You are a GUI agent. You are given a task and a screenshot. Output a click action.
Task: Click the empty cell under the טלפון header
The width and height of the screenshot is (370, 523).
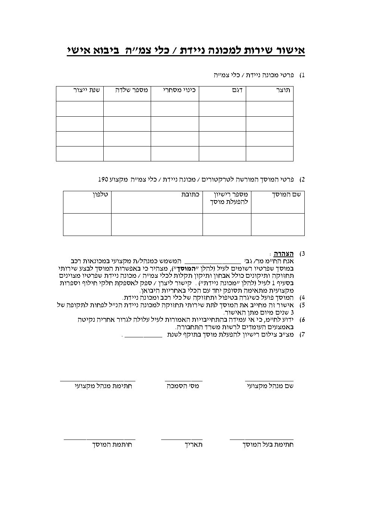[x=87, y=224]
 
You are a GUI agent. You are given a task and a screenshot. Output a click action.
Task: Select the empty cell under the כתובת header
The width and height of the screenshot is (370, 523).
[x=157, y=224]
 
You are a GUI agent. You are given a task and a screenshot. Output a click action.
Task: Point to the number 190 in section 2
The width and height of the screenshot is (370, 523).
[x=103, y=179]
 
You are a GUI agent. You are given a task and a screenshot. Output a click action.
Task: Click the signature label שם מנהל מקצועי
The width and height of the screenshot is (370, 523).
[x=270, y=387]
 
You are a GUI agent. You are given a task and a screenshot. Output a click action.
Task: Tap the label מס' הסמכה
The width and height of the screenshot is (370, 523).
[x=183, y=387]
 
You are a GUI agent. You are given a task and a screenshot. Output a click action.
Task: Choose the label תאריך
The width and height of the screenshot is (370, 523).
[x=194, y=445]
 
